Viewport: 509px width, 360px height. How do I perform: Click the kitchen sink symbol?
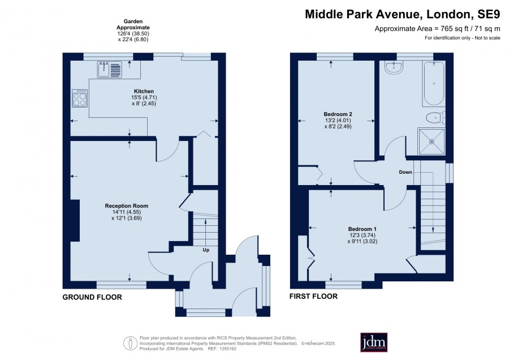click(110, 70)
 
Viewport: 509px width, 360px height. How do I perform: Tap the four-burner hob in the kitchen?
click(80, 98)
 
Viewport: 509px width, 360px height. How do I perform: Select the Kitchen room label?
click(144, 91)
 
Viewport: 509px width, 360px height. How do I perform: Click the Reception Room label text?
click(127, 205)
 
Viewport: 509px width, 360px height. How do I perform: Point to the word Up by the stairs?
click(206, 250)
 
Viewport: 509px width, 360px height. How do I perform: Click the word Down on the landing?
click(406, 172)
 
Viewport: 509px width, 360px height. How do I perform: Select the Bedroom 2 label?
click(338, 114)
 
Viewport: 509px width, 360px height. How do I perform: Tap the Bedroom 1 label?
click(363, 229)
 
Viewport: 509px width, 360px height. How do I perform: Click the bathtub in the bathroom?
click(434, 84)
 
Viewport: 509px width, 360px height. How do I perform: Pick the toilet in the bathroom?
click(435, 118)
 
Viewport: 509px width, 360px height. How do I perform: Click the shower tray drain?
click(432, 142)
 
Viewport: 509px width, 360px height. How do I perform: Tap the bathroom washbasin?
click(394, 67)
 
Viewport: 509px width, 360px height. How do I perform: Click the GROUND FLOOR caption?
click(92, 297)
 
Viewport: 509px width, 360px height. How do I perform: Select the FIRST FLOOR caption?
click(313, 296)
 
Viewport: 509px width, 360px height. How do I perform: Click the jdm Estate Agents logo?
click(374, 342)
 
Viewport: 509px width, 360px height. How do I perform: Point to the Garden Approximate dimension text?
click(133, 31)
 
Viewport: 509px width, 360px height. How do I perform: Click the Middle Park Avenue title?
click(403, 14)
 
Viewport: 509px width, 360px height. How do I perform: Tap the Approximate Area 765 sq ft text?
click(437, 29)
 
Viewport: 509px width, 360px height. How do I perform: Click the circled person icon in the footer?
click(131, 343)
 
